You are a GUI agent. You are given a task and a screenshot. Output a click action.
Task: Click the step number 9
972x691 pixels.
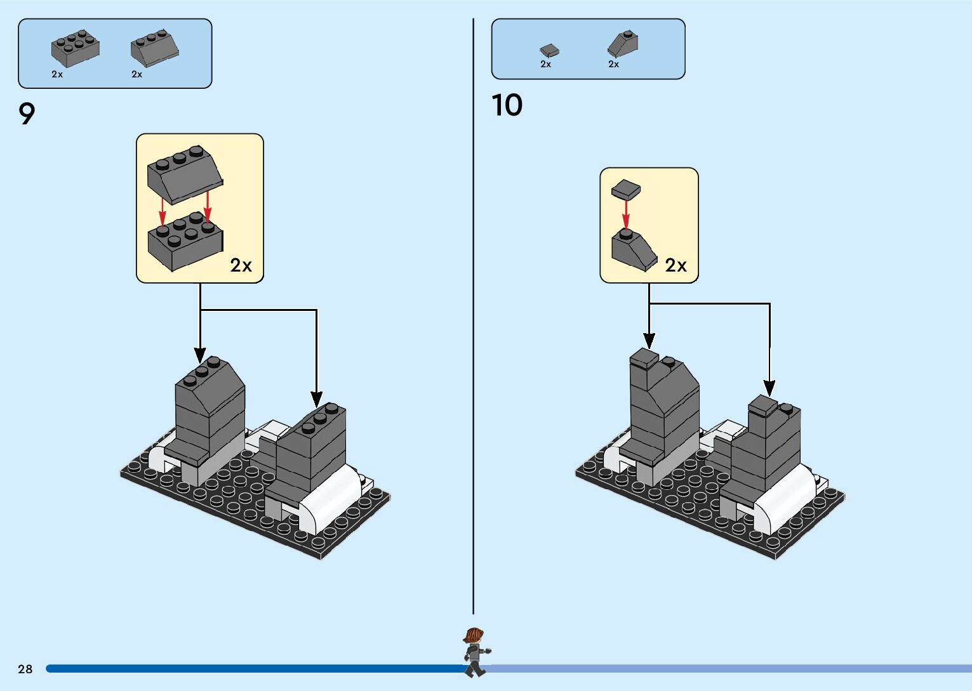(27, 114)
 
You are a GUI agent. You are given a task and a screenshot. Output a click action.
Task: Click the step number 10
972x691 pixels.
(507, 105)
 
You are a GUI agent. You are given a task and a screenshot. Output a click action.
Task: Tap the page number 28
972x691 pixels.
(25, 669)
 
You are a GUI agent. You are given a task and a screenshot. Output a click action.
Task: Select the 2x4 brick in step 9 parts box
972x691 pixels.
(75, 48)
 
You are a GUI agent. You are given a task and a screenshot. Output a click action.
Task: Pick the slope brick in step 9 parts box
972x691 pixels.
(154, 49)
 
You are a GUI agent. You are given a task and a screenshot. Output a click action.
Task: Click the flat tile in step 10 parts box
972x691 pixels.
(549, 50)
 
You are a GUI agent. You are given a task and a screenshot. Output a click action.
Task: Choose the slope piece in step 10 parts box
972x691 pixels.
(623, 44)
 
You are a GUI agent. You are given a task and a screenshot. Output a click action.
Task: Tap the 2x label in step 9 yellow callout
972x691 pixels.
(241, 265)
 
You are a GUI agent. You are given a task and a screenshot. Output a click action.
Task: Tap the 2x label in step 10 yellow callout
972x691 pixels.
(676, 265)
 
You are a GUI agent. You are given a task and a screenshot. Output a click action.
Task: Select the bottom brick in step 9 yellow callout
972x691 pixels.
(185, 241)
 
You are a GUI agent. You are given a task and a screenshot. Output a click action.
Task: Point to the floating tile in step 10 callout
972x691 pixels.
(625, 189)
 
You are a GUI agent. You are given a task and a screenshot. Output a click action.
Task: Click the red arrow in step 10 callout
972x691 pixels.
(625, 214)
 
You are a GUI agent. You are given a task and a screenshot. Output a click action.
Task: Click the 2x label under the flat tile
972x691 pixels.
(546, 64)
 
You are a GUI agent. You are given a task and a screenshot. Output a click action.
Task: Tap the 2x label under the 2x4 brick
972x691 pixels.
(57, 74)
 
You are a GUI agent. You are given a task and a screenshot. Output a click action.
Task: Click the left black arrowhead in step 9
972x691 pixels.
(200, 355)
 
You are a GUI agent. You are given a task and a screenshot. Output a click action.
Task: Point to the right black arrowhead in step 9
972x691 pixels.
(316, 399)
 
